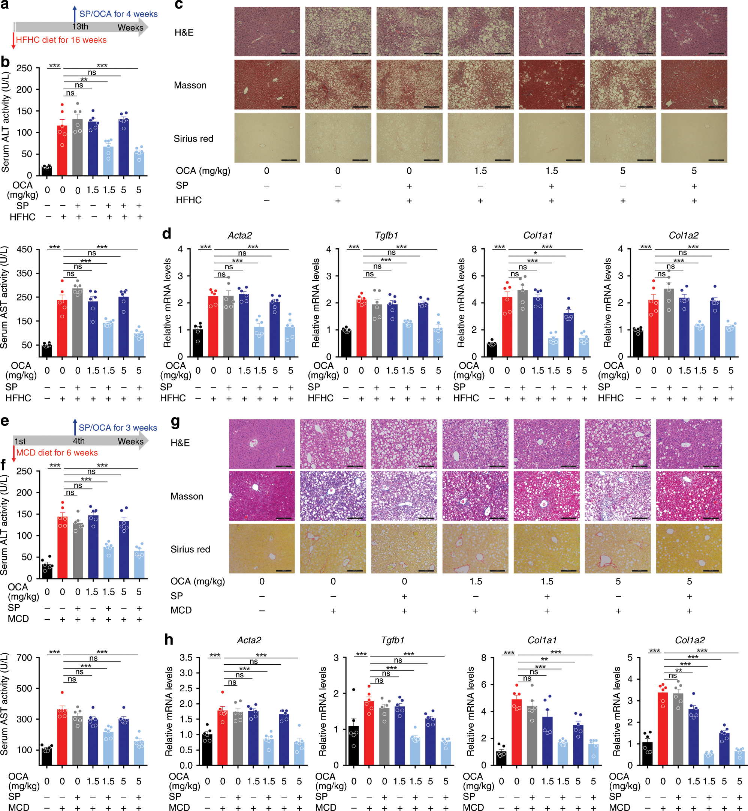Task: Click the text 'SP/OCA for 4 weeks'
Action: [x=118, y=14]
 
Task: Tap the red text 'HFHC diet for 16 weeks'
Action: [x=61, y=40]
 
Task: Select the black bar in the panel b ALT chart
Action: [x=47, y=171]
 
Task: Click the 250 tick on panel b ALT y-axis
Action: [x=24, y=68]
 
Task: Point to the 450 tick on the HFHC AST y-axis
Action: [x=24, y=249]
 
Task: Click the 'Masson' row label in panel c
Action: [x=190, y=85]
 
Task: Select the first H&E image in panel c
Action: [x=267, y=32]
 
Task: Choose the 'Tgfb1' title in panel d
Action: [x=386, y=235]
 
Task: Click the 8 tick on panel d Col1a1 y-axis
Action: [x=474, y=249]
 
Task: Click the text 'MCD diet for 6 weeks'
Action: [x=57, y=452]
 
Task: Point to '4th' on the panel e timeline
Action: [x=79, y=441]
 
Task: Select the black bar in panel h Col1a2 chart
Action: [x=648, y=753]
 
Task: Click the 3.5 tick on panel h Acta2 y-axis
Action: [x=186, y=657]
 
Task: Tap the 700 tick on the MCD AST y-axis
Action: [x=24, y=658]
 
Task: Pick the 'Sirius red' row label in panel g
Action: [x=190, y=549]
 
